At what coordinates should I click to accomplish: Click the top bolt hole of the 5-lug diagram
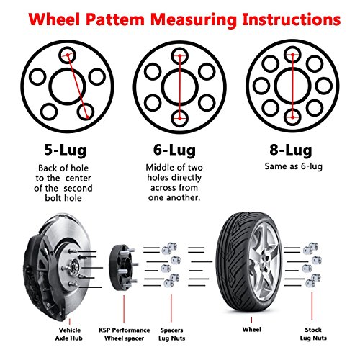pos(66,53)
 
